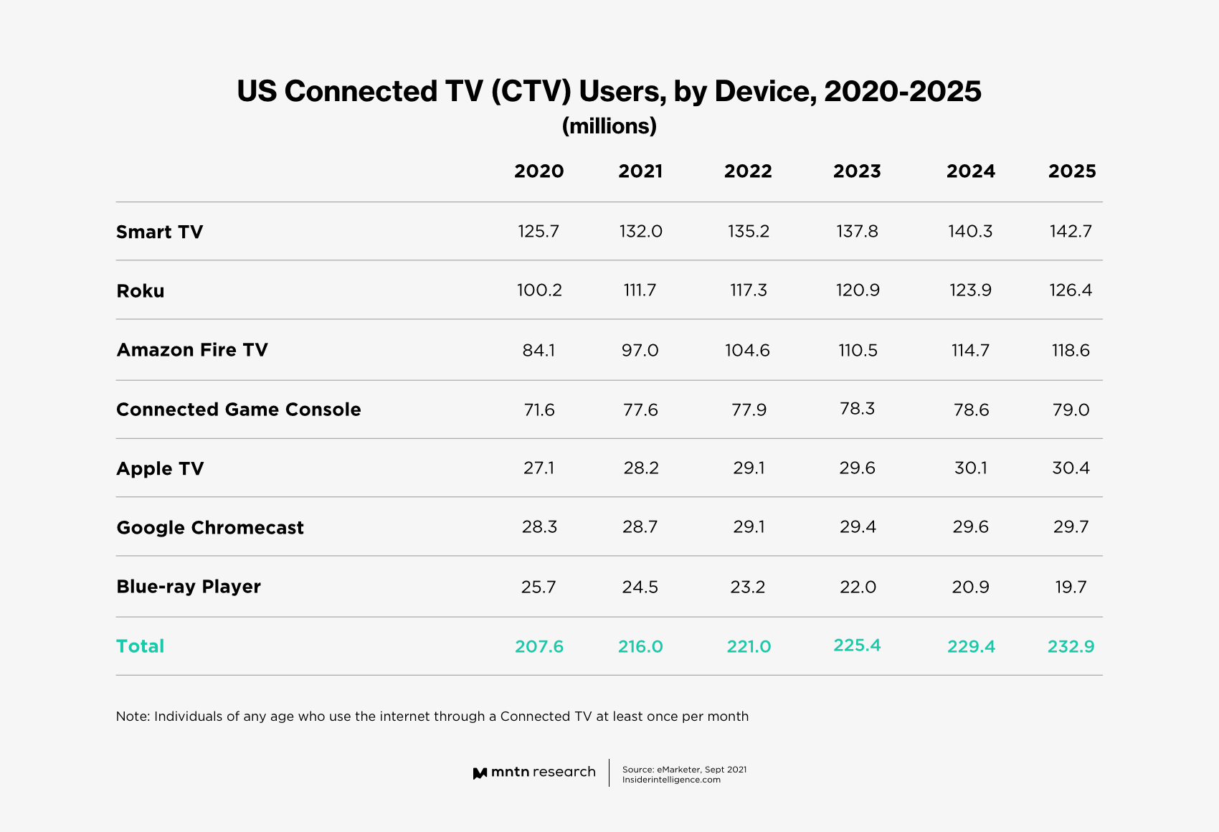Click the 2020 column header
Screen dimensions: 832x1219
[x=539, y=171]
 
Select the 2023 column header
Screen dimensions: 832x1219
[x=857, y=171]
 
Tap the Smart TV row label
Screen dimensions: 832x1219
[x=159, y=232]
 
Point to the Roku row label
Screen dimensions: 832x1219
[x=140, y=291]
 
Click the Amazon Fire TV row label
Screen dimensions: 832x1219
[x=191, y=350]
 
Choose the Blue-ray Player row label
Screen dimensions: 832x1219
[x=188, y=587]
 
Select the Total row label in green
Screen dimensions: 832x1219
[x=140, y=646]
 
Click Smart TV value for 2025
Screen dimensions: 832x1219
[x=1071, y=232]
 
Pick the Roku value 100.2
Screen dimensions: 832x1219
[x=539, y=290]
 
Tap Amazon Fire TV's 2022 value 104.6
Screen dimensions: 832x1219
[x=747, y=351]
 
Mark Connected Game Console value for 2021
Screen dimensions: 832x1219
[x=640, y=410]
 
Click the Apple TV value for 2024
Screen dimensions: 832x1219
[x=970, y=468]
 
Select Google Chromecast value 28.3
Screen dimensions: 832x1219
[x=539, y=527]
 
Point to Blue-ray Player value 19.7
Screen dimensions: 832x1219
[x=1071, y=587]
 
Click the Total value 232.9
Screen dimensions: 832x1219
[x=1071, y=647]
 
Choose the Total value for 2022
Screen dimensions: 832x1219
[x=749, y=647]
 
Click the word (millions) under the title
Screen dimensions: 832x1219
[x=609, y=126]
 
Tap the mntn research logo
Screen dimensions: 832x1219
[x=534, y=772]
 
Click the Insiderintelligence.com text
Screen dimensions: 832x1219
[x=671, y=780]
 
